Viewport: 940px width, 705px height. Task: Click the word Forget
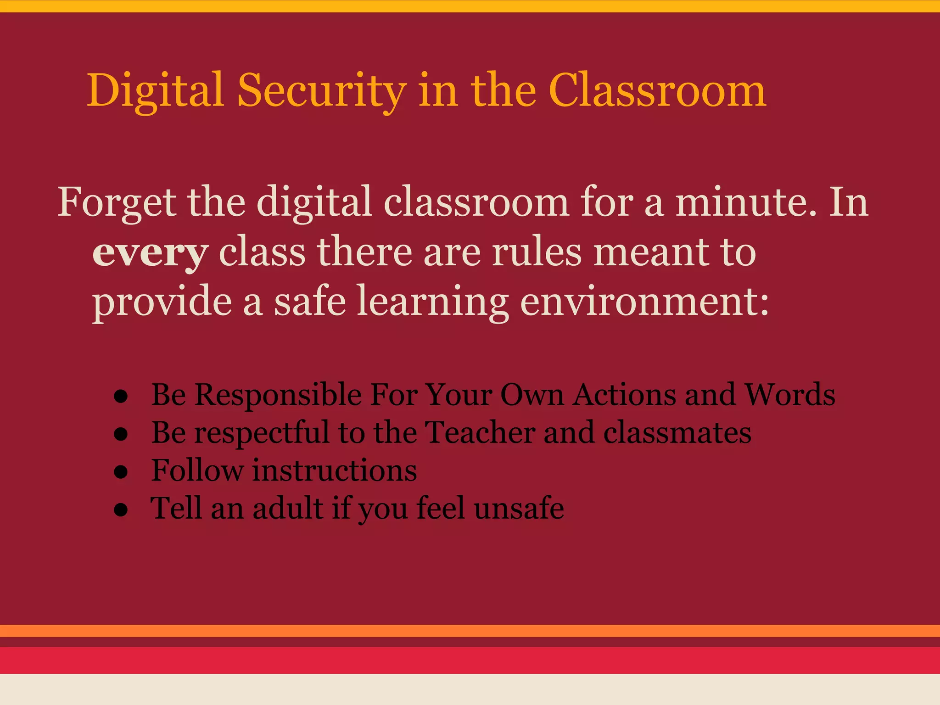[x=117, y=202]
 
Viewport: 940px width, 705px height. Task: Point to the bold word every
[x=150, y=253]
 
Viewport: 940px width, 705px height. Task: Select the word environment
[x=644, y=302]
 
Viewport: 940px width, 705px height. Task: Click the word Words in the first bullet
[x=789, y=395]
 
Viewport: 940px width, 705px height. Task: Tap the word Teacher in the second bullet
[x=480, y=432]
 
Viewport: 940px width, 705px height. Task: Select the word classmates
[x=677, y=432]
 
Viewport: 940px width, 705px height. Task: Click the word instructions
[x=335, y=470]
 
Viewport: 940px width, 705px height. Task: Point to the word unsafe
[x=519, y=508]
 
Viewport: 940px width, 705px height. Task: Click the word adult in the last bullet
[x=288, y=508]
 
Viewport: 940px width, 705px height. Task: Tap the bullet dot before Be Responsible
[x=121, y=397]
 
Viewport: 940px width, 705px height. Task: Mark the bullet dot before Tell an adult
[x=121, y=510]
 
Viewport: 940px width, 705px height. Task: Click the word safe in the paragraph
[x=310, y=302]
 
